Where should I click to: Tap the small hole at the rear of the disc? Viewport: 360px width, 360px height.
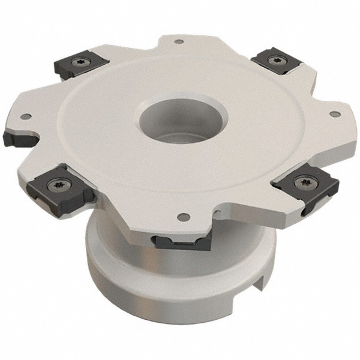[179, 41]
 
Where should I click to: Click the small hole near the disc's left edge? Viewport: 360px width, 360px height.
[27, 116]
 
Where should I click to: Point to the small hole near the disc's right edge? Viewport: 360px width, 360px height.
[335, 113]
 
